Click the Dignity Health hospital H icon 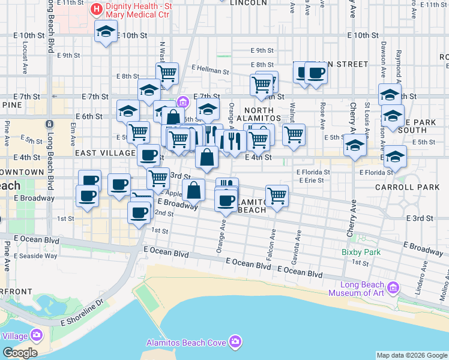95,10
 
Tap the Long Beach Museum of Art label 361,289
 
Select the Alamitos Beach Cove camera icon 235,342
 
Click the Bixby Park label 361,252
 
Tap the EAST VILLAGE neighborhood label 105,154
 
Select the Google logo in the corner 19,353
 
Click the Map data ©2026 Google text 412,355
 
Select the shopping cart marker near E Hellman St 167,73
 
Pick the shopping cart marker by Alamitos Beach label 277,195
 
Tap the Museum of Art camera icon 393,288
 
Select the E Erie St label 310,180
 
